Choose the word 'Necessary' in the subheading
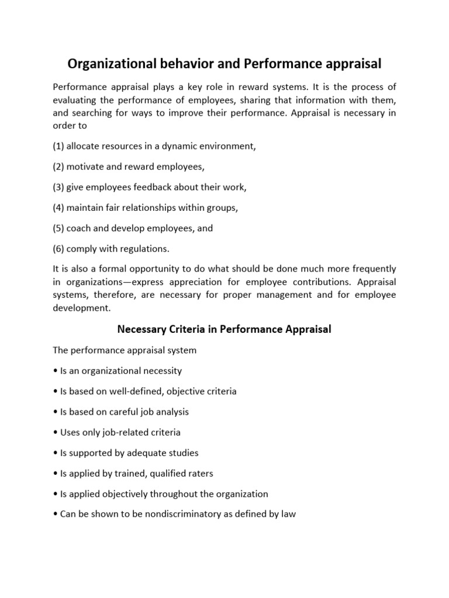[140, 329]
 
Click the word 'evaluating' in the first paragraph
[76, 99]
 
